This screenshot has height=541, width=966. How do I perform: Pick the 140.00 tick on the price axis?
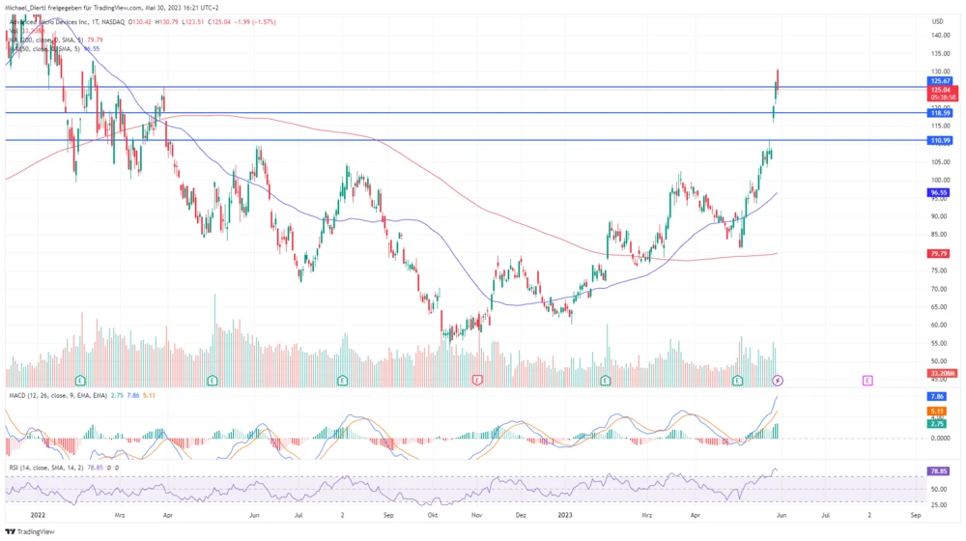(x=939, y=36)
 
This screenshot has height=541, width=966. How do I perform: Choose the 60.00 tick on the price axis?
(x=938, y=325)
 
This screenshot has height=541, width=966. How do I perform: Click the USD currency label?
(x=937, y=20)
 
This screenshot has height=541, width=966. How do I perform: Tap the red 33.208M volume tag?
(x=942, y=373)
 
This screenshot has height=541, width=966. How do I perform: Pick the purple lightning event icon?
(x=778, y=381)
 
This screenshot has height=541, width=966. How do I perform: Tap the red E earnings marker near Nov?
(x=477, y=381)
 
